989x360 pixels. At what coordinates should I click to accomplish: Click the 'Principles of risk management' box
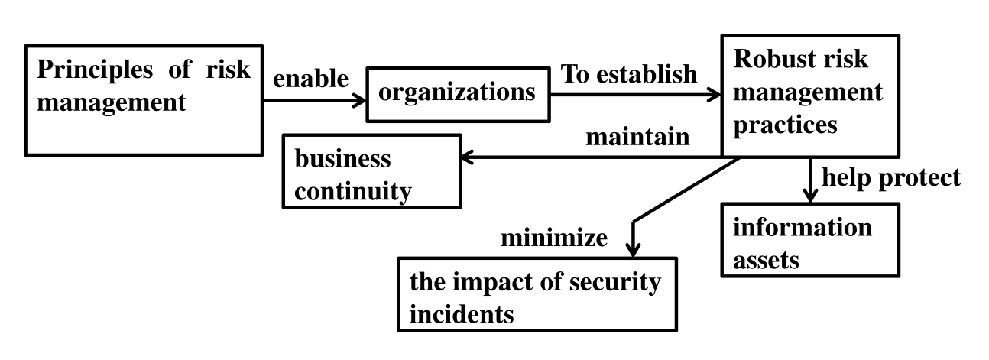pyautogui.click(x=144, y=100)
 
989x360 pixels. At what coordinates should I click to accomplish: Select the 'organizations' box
pyautogui.click(x=459, y=95)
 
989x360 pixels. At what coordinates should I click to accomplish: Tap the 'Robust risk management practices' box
pyautogui.click(x=810, y=96)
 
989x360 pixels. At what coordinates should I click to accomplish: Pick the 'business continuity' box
pyautogui.click(x=371, y=171)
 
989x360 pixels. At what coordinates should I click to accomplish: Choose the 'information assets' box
pyautogui.click(x=810, y=240)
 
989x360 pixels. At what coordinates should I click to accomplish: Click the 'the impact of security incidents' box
pyautogui.click(x=537, y=294)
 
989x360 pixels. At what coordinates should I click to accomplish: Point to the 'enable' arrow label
pyautogui.click(x=311, y=79)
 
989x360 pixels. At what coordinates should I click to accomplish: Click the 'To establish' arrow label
pyautogui.click(x=629, y=74)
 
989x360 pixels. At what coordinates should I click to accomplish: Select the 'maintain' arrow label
pyautogui.click(x=637, y=137)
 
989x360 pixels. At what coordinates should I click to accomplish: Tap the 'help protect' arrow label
pyautogui.click(x=891, y=178)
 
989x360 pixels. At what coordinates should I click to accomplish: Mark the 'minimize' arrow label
pyautogui.click(x=553, y=238)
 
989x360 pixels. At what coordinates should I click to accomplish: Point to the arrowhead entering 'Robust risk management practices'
pyautogui.click(x=714, y=95)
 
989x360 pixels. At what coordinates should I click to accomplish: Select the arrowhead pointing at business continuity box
pyautogui.click(x=467, y=157)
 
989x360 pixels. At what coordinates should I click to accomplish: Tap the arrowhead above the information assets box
pyautogui.click(x=810, y=196)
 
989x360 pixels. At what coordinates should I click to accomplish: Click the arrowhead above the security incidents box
pyautogui.click(x=633, y=251)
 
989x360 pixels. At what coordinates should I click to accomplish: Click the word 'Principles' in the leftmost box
pyautogui.click(x=95, y=70)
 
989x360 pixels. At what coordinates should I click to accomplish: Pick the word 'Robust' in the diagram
pyautogui.click(x=770, y=59)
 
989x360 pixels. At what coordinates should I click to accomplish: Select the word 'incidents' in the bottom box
pyautogui.click(x=462, y=314)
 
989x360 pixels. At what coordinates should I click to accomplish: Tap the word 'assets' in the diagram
pyautogui.click(x=766, y=260)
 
